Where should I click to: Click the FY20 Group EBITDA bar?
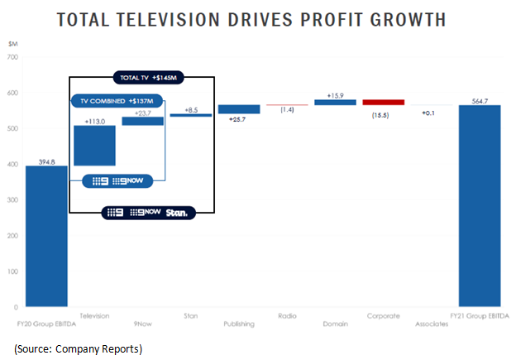(x=46, y=236)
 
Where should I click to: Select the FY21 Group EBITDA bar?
(x=480, y=205)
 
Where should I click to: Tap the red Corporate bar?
(x=384, y=103)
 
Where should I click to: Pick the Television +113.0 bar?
(x=94, y=145)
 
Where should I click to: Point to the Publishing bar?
(x=239, y=109)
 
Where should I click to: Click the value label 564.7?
(x=480, y=100)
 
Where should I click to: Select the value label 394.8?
(x=46, y=161)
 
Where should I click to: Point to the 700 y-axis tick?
(x=12, y=57)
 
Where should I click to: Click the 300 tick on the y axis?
(x=12, y=199)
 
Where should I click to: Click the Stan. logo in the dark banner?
(x=176, y=213)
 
